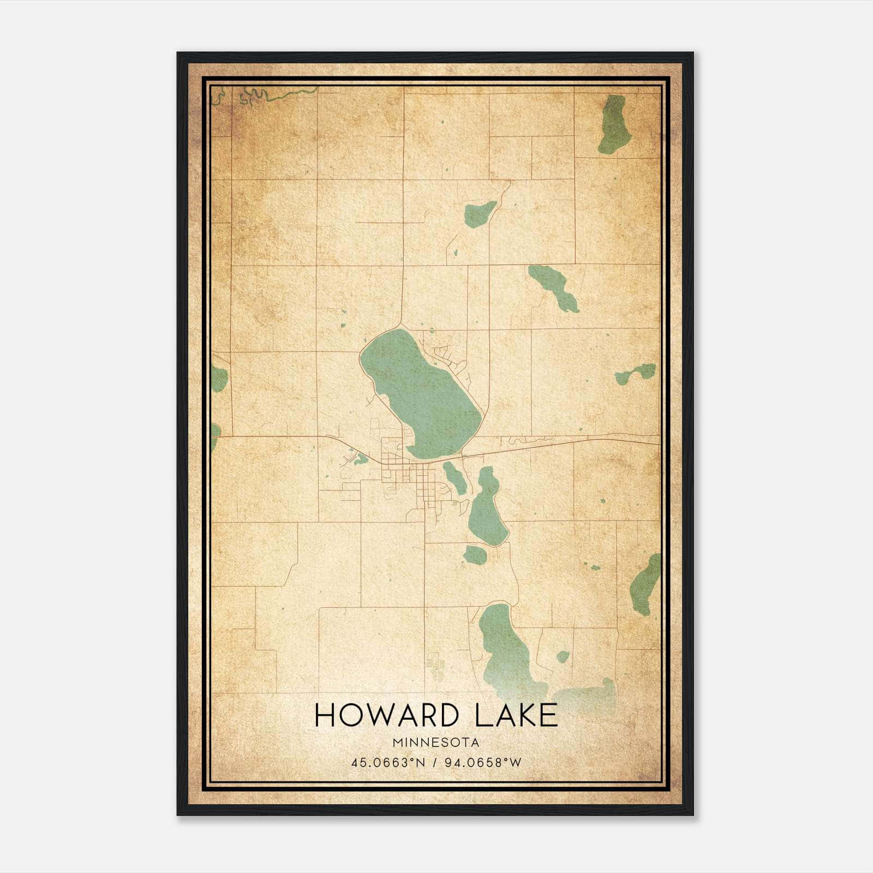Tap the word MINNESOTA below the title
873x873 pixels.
point(435,743)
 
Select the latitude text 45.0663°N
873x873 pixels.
point(388,763)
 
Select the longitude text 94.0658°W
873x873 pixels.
point(483,763)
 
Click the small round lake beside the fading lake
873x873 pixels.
point(562,657)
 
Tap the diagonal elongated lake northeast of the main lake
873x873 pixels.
point(554,288)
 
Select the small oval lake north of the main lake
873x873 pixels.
point(480,213)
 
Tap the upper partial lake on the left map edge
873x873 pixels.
point(219,378)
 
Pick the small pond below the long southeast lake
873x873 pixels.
point(475,555)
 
